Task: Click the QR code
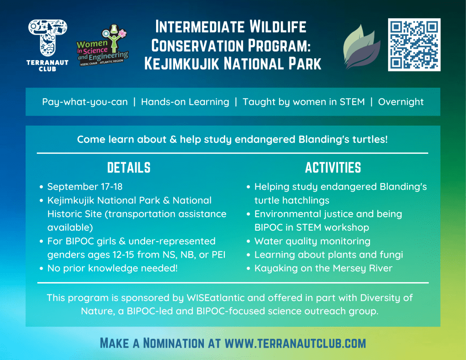[414, 45]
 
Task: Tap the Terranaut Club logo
[47, 46]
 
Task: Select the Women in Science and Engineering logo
[102, 45]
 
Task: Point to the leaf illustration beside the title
[361, 47]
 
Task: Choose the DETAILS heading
[129, 167]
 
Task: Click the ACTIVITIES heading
[333, 167]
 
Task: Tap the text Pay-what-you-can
[85, 102]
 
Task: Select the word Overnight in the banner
[400, 102]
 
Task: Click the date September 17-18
[85, 187]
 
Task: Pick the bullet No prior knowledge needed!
[112, 269]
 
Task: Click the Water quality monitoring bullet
[312, 241]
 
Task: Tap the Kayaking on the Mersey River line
[324, 269]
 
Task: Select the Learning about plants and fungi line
[329, 255]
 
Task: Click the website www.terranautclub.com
[295, 343]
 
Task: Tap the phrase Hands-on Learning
[185, 102]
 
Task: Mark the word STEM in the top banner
[352, 102]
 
